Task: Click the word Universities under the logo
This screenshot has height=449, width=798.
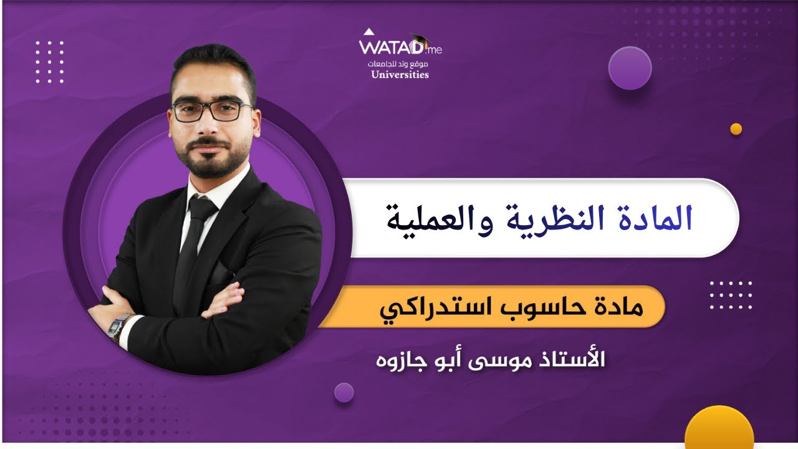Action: tap(400, 75)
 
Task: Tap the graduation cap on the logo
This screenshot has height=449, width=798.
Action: tap(419, 39)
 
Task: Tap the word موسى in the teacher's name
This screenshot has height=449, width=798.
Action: tap(505, 360)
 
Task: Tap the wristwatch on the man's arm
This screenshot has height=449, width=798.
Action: tap(118, 326)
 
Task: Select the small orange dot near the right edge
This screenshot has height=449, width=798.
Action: tap(736, 129)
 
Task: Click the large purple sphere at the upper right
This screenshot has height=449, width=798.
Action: tap(630, 68)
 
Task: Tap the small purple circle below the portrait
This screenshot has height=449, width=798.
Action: tap(344, 392)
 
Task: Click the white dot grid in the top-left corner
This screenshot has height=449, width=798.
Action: tap(50, 62)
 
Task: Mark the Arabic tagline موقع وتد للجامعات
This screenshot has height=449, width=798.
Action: tap(400, 64)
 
